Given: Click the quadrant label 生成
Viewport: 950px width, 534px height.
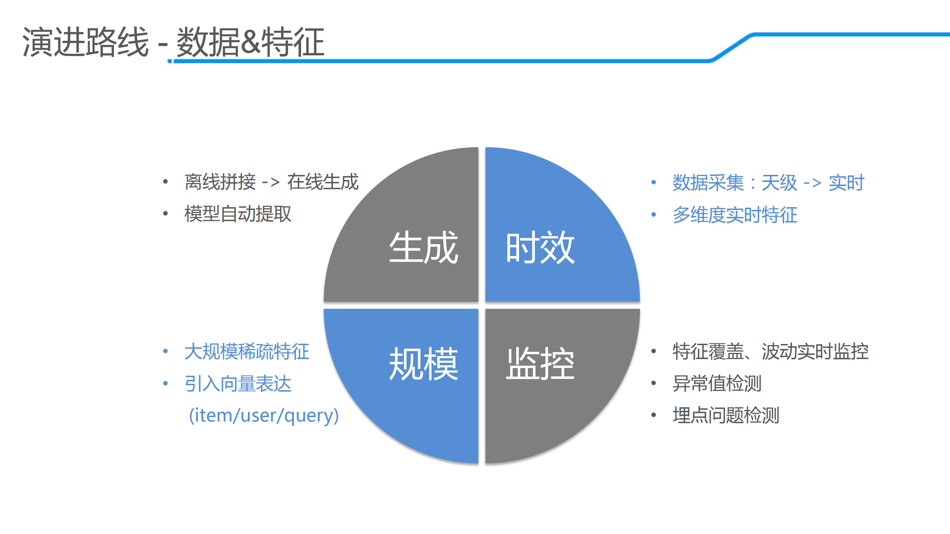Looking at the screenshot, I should pyautogui.click(x=423, y=247).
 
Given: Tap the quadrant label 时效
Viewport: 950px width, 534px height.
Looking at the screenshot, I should pyautogui.click(x=540, y=247).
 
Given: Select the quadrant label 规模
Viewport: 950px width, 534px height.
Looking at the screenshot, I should pyautogui.click(x=423, y=364).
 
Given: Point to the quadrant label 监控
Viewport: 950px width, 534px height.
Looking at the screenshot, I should pyautogui.click(x=540, y=364).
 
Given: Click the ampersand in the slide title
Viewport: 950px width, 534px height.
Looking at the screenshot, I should pyautogui.click(x=251, y=42).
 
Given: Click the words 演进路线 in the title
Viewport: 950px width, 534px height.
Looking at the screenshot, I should pyautogui.click(x=85, y=42).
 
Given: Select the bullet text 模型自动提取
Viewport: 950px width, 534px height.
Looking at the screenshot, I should pyautogui.click(x=238, y=214).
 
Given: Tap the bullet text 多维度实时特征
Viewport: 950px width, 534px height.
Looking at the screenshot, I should pyautogui.click(x=735, y=215).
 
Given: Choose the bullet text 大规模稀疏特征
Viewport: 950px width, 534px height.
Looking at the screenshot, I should pyautogui.click(x=247, y=351).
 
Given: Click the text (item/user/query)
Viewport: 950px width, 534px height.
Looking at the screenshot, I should pyautogui.click(x=264, y=415).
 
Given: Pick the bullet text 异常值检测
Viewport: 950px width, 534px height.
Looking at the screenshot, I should pyautogui.click(x=717, y=383).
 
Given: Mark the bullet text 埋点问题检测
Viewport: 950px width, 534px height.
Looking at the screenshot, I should pyautogui.click(x=726, y=415).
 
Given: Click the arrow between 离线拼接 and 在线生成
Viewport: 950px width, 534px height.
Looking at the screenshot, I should pyautogui.click(x=271, y=182).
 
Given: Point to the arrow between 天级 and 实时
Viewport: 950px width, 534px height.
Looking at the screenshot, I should pyautogui.click(x=812, y=183).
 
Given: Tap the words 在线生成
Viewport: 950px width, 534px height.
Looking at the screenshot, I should pyautogui.click(x=323, y=182).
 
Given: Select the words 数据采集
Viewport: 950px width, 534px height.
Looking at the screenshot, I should pyautogui.click(x=708, y=183).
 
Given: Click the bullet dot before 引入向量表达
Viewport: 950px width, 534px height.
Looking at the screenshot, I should pyautogui.click(x=166, y=383).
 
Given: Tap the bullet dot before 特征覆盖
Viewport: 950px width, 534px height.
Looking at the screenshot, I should pyautogui.click(x=654, y=351).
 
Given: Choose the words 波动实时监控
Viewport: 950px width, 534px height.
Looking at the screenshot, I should pyautogui.click(x=815, y=351).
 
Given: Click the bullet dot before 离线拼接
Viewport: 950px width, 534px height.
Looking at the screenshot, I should pyautogui.click(x=166, y=182).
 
